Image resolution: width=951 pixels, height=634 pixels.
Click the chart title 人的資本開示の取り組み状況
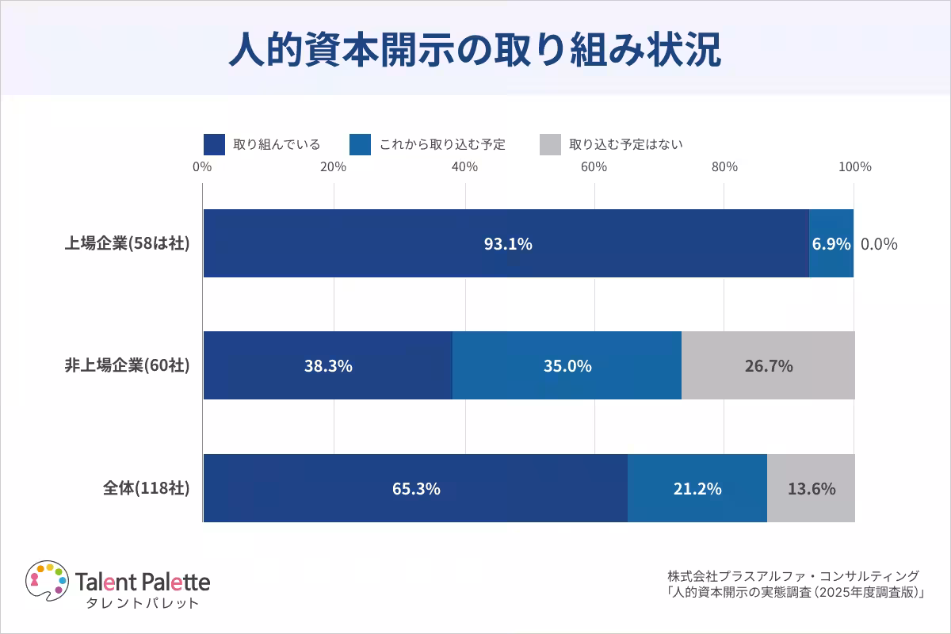point(475,50)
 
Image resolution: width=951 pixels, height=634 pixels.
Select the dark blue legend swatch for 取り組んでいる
point(214,144)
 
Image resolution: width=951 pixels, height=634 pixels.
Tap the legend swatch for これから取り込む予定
point(360,144)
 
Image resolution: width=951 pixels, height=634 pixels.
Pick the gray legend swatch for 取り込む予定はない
point(550,144)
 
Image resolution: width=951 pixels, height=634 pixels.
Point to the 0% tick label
point(202,167)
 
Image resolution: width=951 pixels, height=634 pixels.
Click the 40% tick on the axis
point(464,167)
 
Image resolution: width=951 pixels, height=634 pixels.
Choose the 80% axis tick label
point(724,167)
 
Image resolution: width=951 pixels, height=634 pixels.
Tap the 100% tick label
point(854,167)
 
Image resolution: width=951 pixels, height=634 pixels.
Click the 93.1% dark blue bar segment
point(506,243)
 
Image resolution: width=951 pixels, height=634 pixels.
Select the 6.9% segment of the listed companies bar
point(831,243)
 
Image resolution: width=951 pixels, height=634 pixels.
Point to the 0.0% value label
point(879,244)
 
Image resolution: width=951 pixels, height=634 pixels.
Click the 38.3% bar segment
point(328,365)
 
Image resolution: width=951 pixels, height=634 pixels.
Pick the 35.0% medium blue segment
point(567,365)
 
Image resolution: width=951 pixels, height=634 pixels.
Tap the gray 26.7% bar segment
point(768,365)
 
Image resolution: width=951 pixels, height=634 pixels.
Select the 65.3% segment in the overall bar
point(415,488)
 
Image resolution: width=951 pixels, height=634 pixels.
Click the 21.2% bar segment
point(697,488)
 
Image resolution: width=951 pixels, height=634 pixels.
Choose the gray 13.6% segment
point(811,488)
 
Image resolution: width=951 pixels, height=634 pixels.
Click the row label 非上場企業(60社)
point(127,365)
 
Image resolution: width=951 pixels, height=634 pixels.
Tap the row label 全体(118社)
point(146,488)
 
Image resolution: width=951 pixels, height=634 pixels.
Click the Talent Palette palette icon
point(47,581)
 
